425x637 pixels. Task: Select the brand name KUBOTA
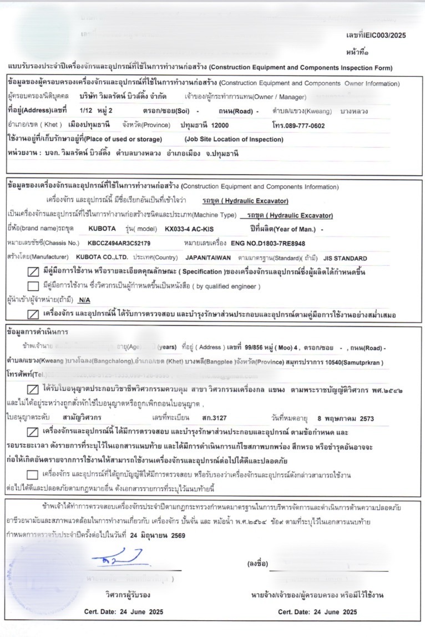[x=102, y=228]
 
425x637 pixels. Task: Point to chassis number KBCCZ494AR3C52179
[x=119, y=243]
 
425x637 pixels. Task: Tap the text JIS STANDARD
[x=346, y=258]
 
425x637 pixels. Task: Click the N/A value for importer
[x=84, y=300]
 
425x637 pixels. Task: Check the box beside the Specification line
[x=33, y=272]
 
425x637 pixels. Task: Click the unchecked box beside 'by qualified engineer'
[x=33, y=286]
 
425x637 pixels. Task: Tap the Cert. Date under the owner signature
[x=317, y=612]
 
